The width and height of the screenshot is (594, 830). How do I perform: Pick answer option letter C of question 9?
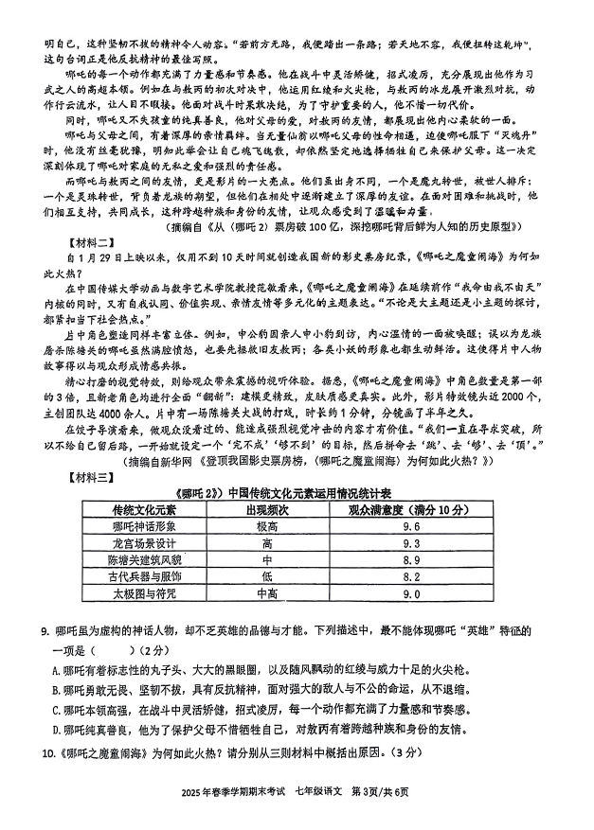(56, 709)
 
